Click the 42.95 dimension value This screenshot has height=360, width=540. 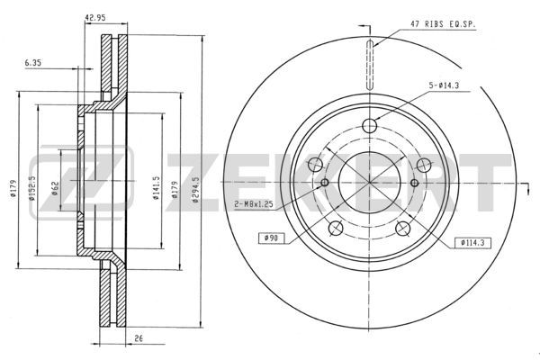point(95,18)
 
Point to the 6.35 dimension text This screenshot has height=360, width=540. point(33,63)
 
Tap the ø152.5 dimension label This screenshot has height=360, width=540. point(32,188)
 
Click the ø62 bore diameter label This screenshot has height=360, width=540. point(56,188)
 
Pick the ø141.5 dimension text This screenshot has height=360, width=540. point(157,188)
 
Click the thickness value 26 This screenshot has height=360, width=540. point(139,338)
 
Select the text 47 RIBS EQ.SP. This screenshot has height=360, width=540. point(443,24)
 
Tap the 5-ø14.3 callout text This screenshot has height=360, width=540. point(444,85)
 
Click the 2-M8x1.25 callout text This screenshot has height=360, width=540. point(254,204)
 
